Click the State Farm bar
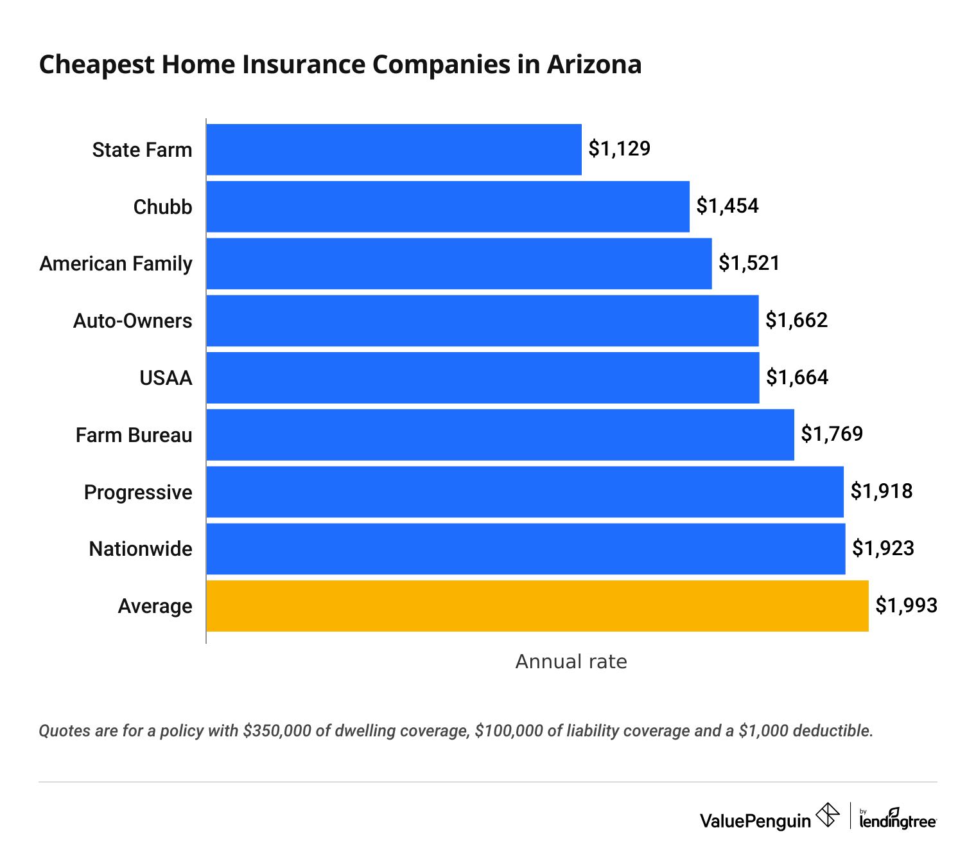394,150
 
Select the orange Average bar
537,606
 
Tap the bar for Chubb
448,206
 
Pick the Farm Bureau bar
500,435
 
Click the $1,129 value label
619,149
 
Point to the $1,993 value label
906,605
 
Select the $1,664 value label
797,377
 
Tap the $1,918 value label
881,492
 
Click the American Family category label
116,263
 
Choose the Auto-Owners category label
132,321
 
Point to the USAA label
166,378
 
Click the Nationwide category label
141,549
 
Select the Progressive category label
138,492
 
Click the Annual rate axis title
571,661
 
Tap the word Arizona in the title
594,64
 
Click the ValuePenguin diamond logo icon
827,816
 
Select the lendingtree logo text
898,821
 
